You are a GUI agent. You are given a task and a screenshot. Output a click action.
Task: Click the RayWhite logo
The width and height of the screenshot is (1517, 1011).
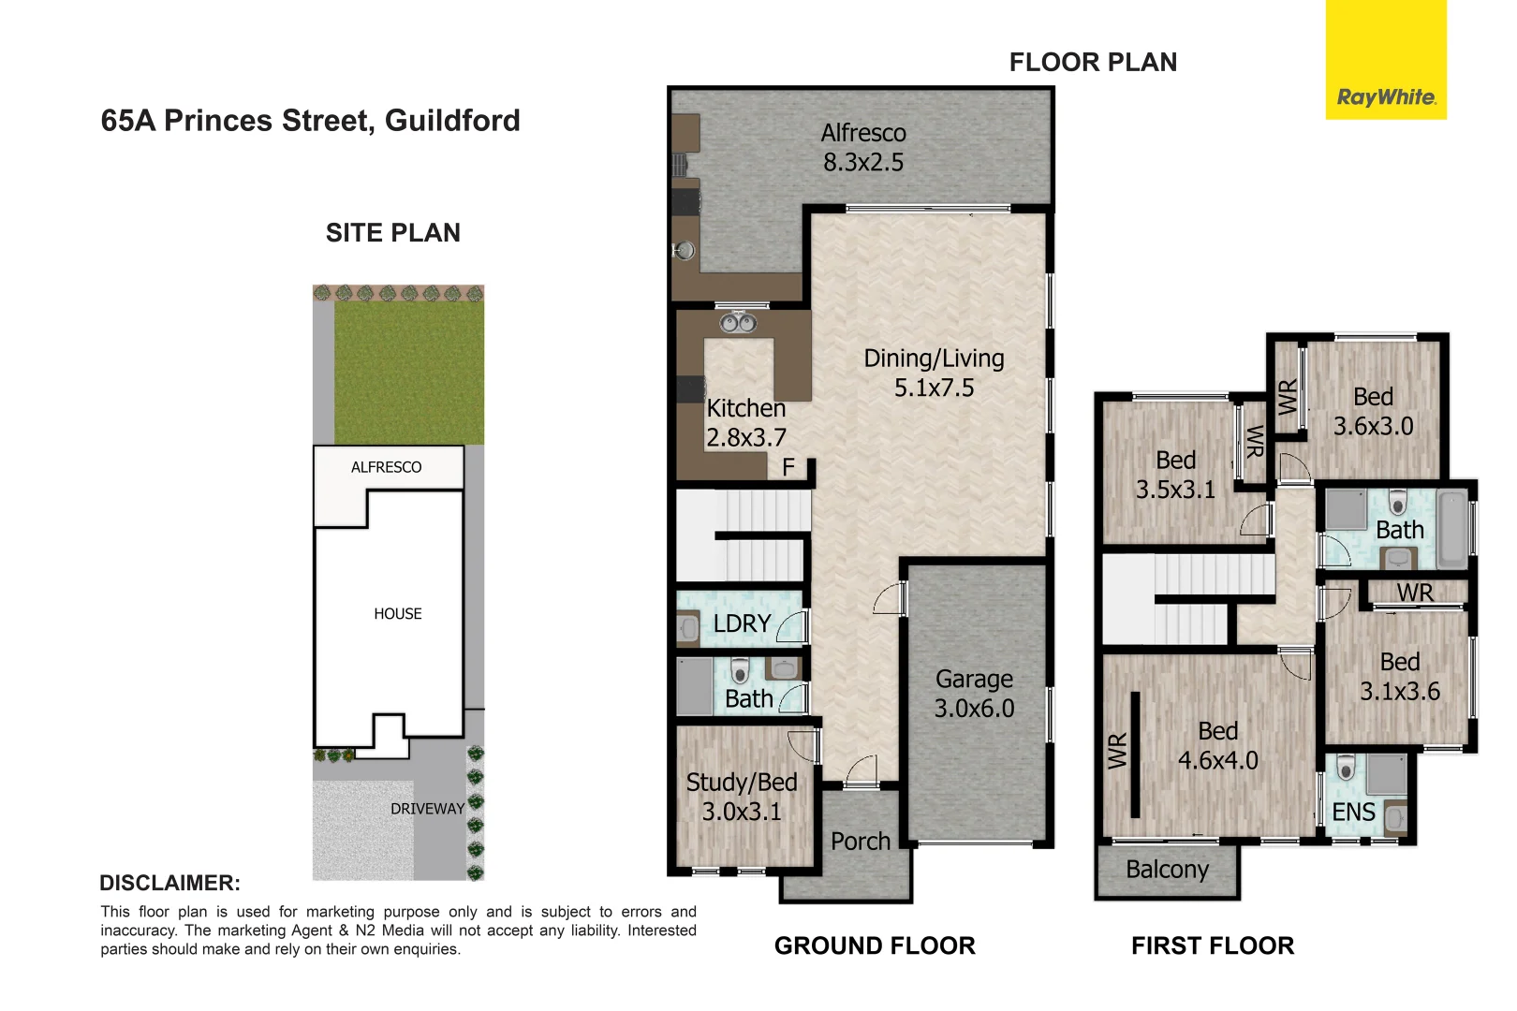click(x=1386, y=97)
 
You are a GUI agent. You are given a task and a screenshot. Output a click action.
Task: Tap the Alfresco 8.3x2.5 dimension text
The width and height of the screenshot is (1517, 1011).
click(x=863, y=162)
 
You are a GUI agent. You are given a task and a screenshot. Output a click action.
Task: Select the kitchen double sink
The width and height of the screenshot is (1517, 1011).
click(x=738, y=323)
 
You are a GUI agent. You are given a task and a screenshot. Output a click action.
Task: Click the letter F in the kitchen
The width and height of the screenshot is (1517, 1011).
click(x=788, y=467)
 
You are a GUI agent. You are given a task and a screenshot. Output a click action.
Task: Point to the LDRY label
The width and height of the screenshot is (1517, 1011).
click(x=742, y=623)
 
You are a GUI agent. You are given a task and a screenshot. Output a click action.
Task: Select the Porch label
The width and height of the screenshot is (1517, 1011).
click(x=861, y=842)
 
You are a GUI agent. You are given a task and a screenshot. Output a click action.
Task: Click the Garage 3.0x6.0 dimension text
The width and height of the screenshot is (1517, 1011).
click(x=974, y=708)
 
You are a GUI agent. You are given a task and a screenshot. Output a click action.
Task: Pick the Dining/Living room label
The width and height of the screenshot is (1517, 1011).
click(x=934, y=359)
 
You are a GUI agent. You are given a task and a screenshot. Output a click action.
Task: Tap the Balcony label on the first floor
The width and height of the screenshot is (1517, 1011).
click(x=1167, y=870)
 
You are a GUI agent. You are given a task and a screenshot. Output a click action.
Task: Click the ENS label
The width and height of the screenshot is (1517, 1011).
click(x=1354, y=812)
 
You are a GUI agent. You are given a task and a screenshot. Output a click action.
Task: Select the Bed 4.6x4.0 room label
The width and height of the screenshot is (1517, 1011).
click(x=1217, y=745)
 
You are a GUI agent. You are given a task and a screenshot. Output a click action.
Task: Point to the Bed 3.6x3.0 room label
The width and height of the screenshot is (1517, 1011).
click(x=1373, y=411)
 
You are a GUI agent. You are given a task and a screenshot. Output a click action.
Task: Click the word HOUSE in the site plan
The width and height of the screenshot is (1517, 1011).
click(x=398, y=614)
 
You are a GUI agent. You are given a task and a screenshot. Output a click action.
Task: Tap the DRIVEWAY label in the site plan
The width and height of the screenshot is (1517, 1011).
click(x=427, y=809)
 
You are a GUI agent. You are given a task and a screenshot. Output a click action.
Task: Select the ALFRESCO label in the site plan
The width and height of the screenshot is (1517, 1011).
click(x=386, y=467)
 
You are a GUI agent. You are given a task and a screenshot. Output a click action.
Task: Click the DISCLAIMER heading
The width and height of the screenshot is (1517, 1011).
click(x=169, y=883)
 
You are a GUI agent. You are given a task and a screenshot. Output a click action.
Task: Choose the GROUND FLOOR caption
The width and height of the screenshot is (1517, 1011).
click(x=875, y=945)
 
